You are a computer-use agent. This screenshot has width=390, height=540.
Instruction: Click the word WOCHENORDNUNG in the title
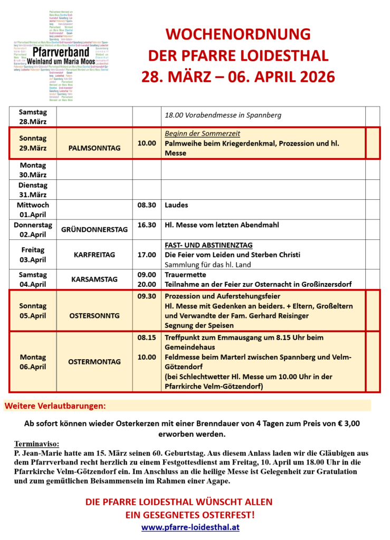tap(237, 35)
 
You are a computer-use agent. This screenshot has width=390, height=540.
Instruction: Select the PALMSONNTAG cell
tap(94, 148)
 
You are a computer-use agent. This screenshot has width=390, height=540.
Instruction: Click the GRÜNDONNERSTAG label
tap(94, 230)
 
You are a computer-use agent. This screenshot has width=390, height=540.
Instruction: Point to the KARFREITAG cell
tap(94, 255)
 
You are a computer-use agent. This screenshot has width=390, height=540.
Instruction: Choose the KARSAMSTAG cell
tap(94, 279)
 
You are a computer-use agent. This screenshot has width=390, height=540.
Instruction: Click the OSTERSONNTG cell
tap(94, 315)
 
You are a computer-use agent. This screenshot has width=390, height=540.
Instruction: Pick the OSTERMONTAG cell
tap(94, 362)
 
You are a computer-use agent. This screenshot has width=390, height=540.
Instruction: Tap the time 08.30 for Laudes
tap(146, 205)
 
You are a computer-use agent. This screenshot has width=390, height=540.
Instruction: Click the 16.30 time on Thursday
tap(146, 225)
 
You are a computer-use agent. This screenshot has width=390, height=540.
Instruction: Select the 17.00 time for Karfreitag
tap(146, 255)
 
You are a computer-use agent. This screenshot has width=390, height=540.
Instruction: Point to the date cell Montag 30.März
tap(33, 170)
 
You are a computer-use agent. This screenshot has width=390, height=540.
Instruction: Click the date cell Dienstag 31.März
tap(33, 190)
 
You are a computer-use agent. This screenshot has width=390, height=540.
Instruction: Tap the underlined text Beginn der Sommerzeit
tap(202, 133)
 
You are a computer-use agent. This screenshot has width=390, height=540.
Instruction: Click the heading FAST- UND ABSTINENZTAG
tap(208, 245)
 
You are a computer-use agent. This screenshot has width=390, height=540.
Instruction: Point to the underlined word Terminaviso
tap(37, 444)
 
